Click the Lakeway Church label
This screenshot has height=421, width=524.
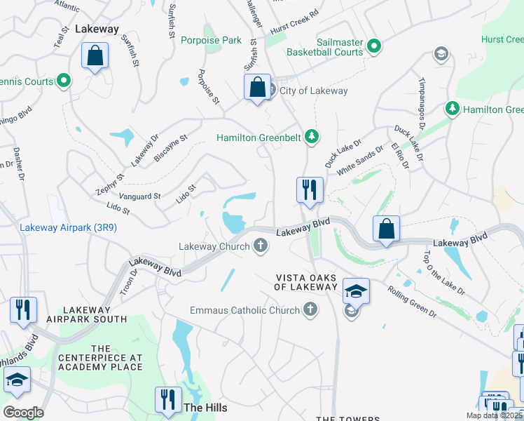pyautogui.click(x=214, y=246)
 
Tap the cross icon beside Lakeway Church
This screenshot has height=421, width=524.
pyautogui.click(x=261, y=246)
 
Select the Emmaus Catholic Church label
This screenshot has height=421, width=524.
pyautogui.click(x=245, y=310)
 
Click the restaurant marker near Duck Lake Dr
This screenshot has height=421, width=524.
pyautogui.click(x=309, y=190)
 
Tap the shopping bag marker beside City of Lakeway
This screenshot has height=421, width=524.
pyautogui.click(x=257, y=88)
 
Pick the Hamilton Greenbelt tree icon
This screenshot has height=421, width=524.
pyautogui.click(x=312, y=138)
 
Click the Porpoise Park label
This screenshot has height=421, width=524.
pyautogui.click(x=211, y=40)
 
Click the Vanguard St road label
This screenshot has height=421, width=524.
pyautogui.click(x=140, y=196)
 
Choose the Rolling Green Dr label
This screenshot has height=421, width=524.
pyautogui.click(x=412, y=299)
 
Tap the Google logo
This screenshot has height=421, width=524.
pyautogui.click(x=23, y=412)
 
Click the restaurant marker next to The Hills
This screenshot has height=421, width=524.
pyautogui.click(x=167, y=400)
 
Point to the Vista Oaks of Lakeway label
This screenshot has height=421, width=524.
pyautogui.click(x=305, y=282)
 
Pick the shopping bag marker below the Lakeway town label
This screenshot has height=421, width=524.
pyautogui.click(x=95, y=56)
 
